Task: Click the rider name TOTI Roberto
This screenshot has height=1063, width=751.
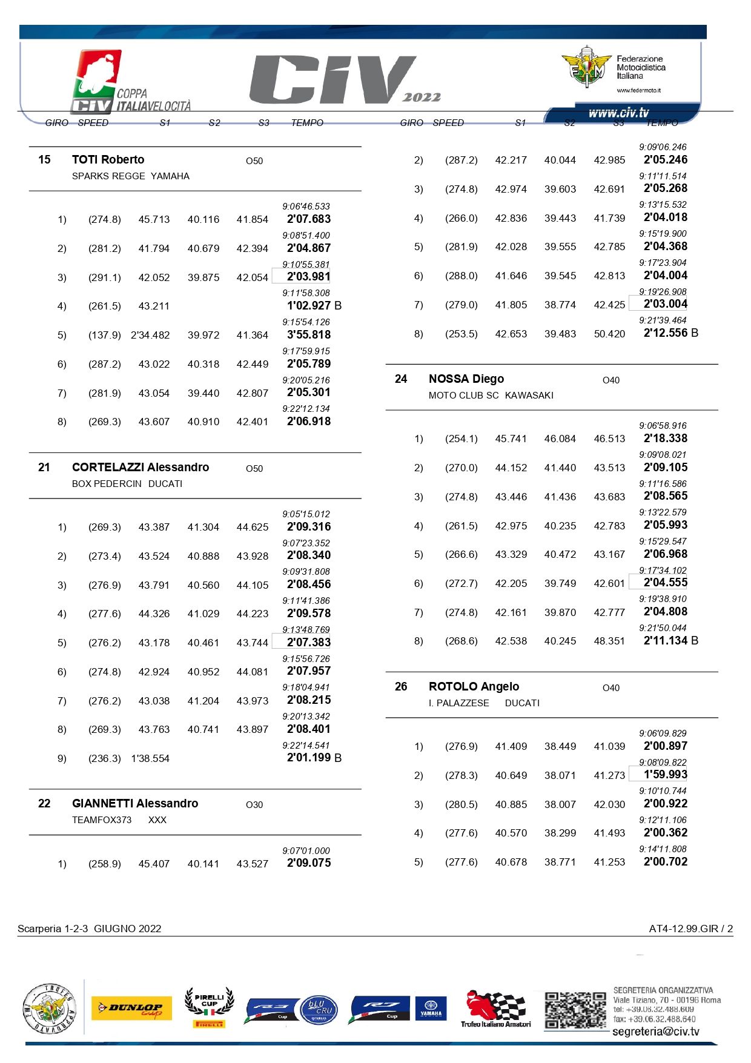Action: point(108,160)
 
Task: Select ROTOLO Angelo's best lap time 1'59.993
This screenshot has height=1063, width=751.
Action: point(665,775)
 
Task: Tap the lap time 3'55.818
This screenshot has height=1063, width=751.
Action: point(309,335)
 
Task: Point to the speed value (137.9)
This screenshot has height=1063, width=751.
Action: point(105,336)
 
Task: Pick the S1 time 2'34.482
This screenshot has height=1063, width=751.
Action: point(150,336)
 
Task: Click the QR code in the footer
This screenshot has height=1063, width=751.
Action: point(574,1010)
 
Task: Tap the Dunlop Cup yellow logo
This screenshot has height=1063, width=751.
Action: point(131,1008)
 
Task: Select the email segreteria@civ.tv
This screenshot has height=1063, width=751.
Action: point(655,1032)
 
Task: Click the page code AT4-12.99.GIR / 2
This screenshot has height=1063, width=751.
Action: point(690,929)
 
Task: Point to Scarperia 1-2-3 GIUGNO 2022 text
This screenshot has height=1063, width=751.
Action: point(90,929)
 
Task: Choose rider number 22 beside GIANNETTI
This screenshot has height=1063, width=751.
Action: point(44,804)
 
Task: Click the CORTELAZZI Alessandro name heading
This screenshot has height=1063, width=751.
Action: point(141,468)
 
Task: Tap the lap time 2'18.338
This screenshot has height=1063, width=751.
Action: point(665,439)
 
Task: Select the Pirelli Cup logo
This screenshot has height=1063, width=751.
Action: point(209,1007)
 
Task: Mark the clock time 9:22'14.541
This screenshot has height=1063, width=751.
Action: point(306,746)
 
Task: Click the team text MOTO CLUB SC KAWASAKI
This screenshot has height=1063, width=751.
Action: point(491,396)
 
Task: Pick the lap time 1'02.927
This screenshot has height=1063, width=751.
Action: point(309,306)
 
